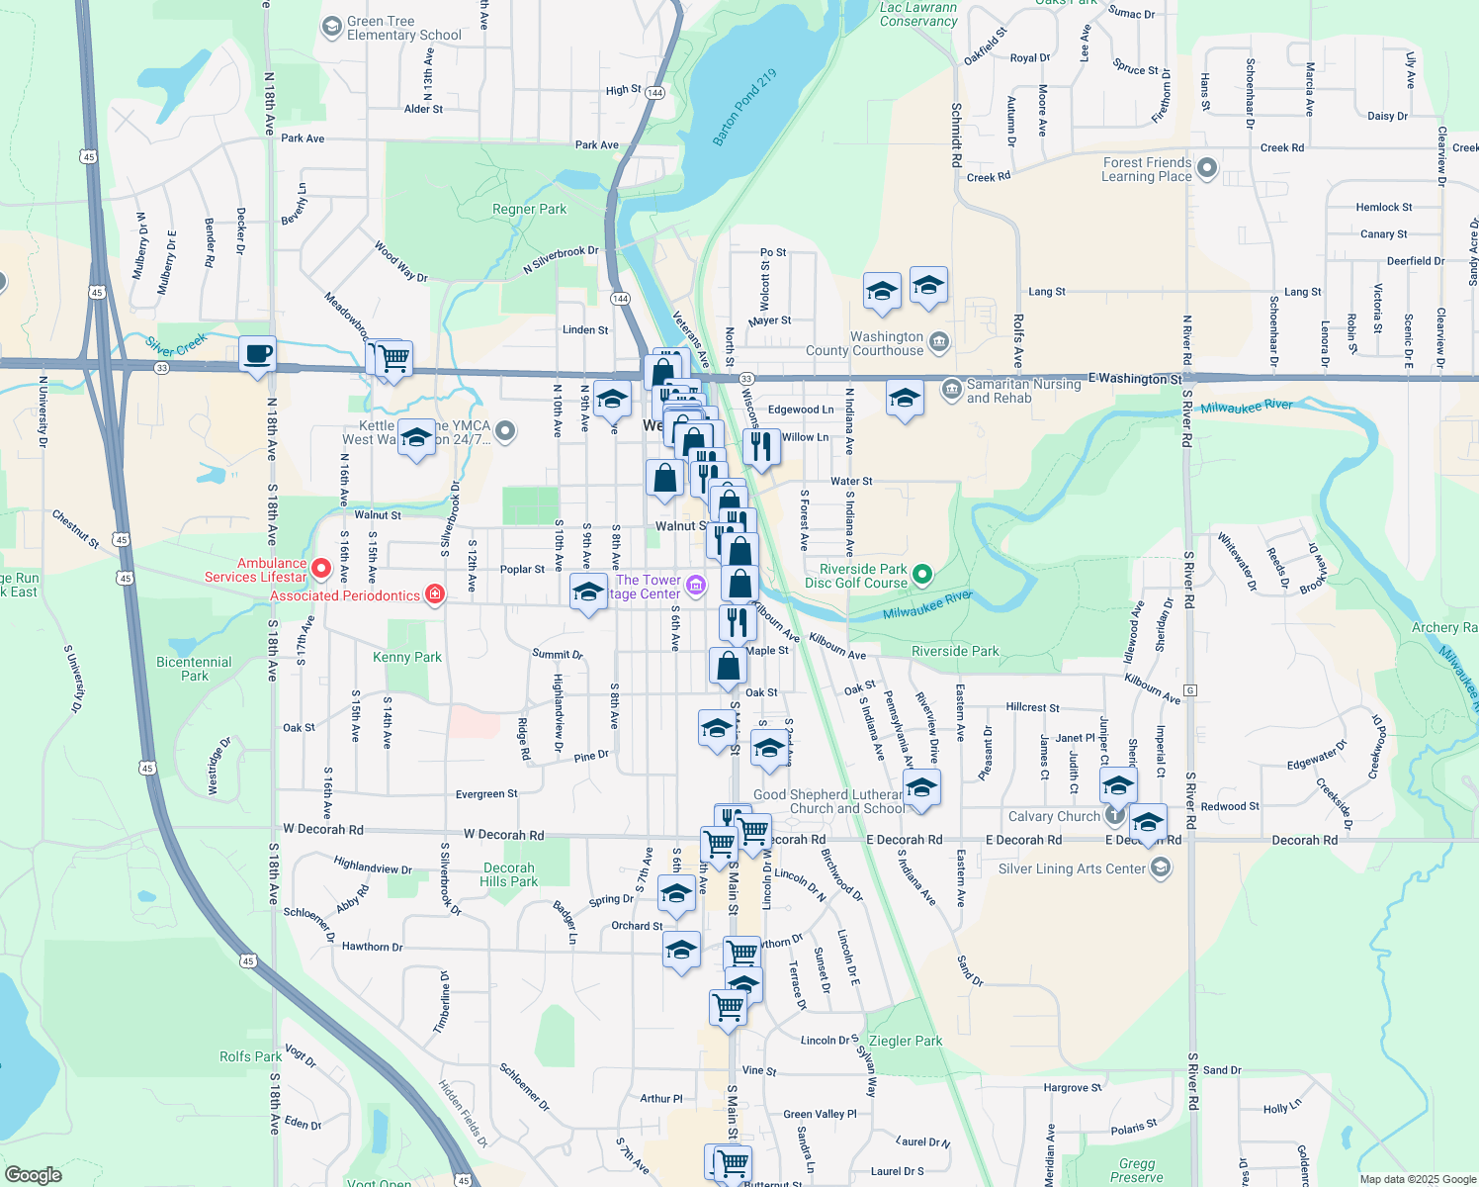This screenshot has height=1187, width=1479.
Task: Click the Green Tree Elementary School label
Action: [x=403, y=28]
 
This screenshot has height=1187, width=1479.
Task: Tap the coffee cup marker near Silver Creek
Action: [x=258, y=355]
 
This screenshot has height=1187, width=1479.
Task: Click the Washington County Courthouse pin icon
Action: [x=939, y=343]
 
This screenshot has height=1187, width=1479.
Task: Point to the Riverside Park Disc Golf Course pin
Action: [x=922, y=574]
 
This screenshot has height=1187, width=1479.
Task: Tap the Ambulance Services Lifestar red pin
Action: [x=321, y=569]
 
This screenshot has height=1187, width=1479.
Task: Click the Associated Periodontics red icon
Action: [x=434, y=594]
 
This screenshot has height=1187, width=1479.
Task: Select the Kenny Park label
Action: [x=407, y=657]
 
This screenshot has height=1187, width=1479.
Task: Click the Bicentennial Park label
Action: [x=194, y=669]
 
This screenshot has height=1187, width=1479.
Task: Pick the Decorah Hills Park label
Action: [x=509, y=874]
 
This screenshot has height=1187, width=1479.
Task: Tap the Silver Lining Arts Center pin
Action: [x=1161, y=868]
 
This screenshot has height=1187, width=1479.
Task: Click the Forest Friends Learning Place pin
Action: [x=1206, y=168]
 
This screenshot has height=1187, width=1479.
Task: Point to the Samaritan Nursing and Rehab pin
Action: [x=951, y=388]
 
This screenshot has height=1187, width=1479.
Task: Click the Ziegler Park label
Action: [x=905, y=1041]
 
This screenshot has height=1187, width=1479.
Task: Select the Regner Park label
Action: [x=530, y=209]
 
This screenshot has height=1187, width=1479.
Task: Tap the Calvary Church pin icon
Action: [x=1114, y=816]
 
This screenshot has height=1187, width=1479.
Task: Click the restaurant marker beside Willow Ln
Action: [x=761, y=447]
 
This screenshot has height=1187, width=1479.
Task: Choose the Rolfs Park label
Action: [x=251, y=1056]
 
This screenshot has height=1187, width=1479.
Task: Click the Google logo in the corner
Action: [x=33, y=1174]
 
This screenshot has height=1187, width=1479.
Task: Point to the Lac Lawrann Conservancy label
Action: [x=918, y=14]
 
